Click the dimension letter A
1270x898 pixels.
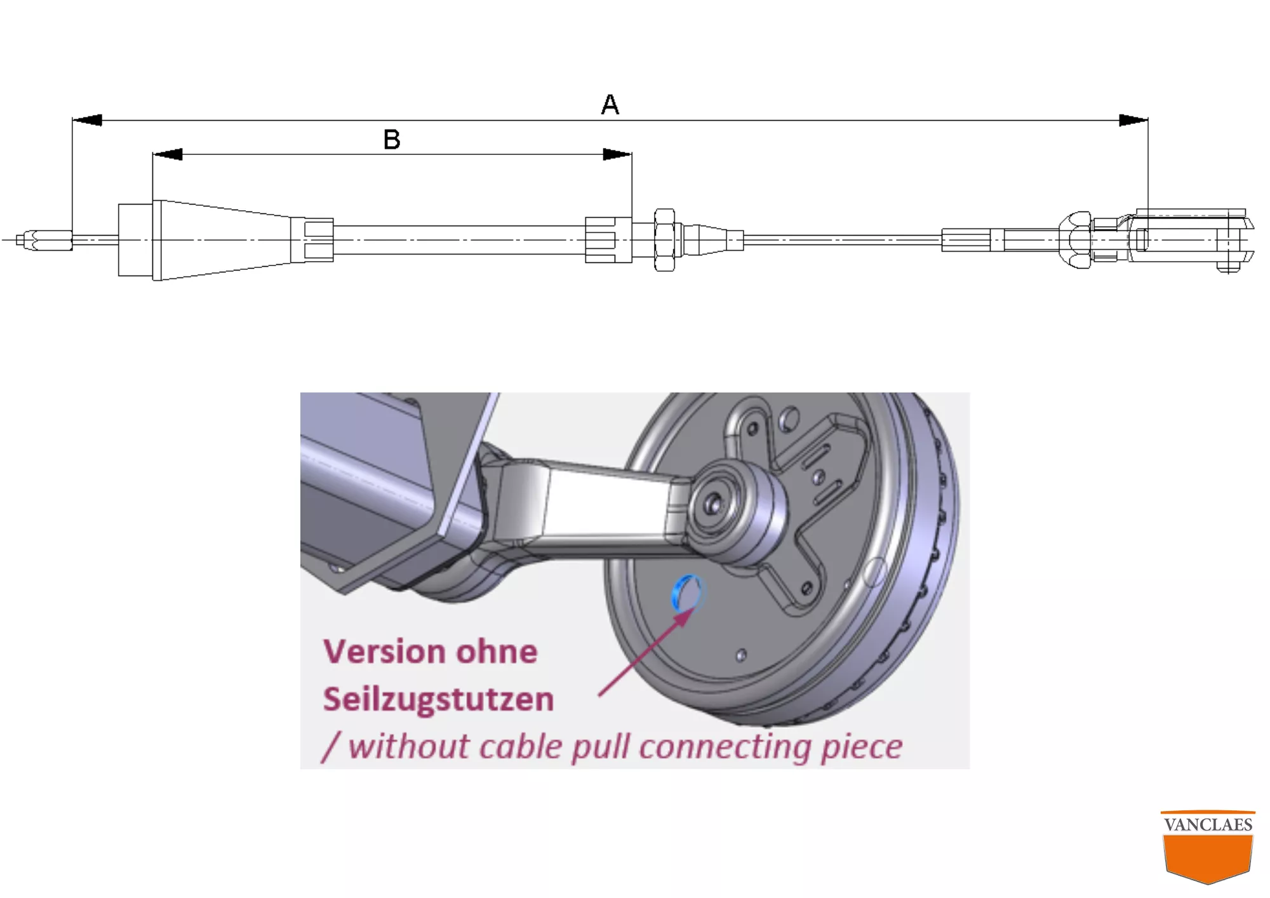pos(610,104)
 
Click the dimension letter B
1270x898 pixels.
pos(392,139)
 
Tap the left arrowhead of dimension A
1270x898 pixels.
pos(88,120)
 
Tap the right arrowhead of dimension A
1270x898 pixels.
pos(1133,120)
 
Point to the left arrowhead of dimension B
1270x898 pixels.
pos(168,154)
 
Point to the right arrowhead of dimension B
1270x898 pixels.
pos(617,154)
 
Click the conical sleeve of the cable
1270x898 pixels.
pos(222,240)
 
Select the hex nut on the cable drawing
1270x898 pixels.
pos(664,240)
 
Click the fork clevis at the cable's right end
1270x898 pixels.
pos(1187,240)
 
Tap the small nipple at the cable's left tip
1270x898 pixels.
pos(44,241)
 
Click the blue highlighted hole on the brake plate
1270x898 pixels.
pos(687,592)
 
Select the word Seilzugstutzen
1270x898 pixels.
pos(438,699)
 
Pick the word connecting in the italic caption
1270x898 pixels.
pos(725,747)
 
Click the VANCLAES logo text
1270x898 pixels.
pos(1208,824)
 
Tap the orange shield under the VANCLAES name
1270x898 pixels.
pos(1208,857)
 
